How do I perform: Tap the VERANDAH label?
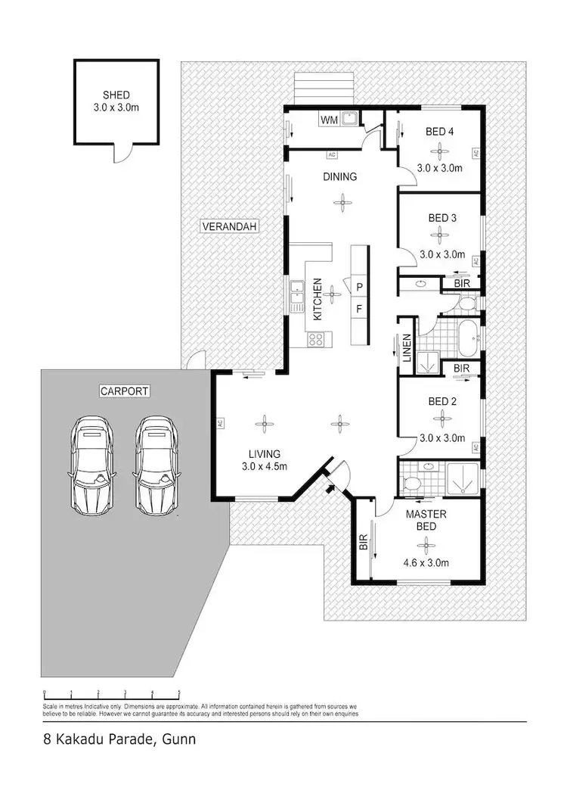230,226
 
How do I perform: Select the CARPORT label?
124,391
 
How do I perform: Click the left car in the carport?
92,464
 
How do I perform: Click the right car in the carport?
157,464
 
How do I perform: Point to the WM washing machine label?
328,120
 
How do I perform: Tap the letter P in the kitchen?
360,286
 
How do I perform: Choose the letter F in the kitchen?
360,309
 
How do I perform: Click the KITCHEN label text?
318,300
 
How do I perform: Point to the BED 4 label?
440,132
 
